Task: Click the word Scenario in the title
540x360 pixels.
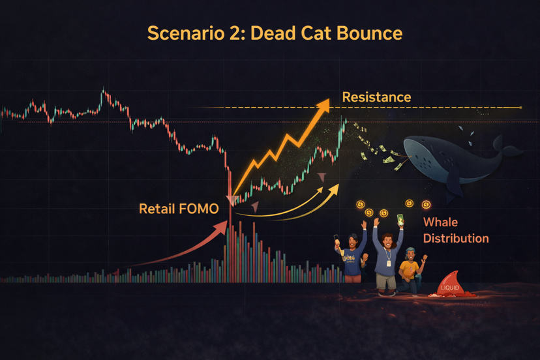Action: pyautogui.click(x=186, y=33)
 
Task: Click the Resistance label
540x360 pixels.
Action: pyautogui.click(x=376, y=97)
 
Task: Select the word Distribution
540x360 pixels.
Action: pyautogui.click(x=456, y=239)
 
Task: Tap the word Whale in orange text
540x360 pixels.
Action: pyautogui.click(x=440, y=222)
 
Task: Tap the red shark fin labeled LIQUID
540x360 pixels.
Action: pyautogui.click(x=451, y=284)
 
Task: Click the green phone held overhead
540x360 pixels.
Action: pyautogui.click(x=400, y=220)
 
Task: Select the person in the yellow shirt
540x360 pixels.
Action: pyautogui.click(x=412, y=271)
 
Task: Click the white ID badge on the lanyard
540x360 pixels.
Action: pyautogui.click(x=389, y=263)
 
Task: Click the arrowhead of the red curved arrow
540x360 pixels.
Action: pyautogui.click(x=222, y=228)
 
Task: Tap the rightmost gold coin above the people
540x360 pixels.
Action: pyautogui.click(x=426, y=205)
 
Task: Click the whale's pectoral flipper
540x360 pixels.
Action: pyautogui.click(x=453, y=185)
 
